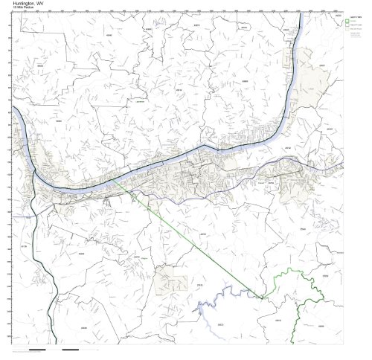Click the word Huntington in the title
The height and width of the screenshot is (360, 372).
23,3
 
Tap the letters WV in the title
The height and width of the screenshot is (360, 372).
41,3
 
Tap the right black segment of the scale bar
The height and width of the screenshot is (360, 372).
71,348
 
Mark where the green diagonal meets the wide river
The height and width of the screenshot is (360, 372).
113,179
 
